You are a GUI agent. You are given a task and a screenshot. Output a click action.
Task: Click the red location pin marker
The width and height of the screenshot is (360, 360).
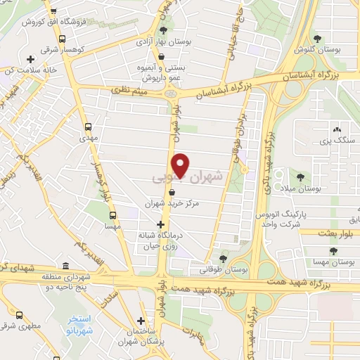pyautogui.click(x=181, y=165)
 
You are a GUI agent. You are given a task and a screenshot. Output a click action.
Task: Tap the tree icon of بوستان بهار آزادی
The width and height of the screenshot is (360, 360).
pyautogui.click(x=163, y=30)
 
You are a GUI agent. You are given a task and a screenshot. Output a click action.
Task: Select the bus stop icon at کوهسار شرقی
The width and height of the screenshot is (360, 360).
pyautogui.click(x=64, y=40)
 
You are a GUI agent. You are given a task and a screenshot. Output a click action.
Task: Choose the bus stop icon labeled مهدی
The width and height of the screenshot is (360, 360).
pyautogui.click(x=89, y=128)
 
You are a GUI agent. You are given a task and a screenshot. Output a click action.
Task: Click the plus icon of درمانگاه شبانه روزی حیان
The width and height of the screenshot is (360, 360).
pyautogui.click(x=161, y=224)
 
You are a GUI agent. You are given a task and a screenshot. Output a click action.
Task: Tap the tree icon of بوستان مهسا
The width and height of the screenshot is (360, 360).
pyautogui.click(x=333, y=250)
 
